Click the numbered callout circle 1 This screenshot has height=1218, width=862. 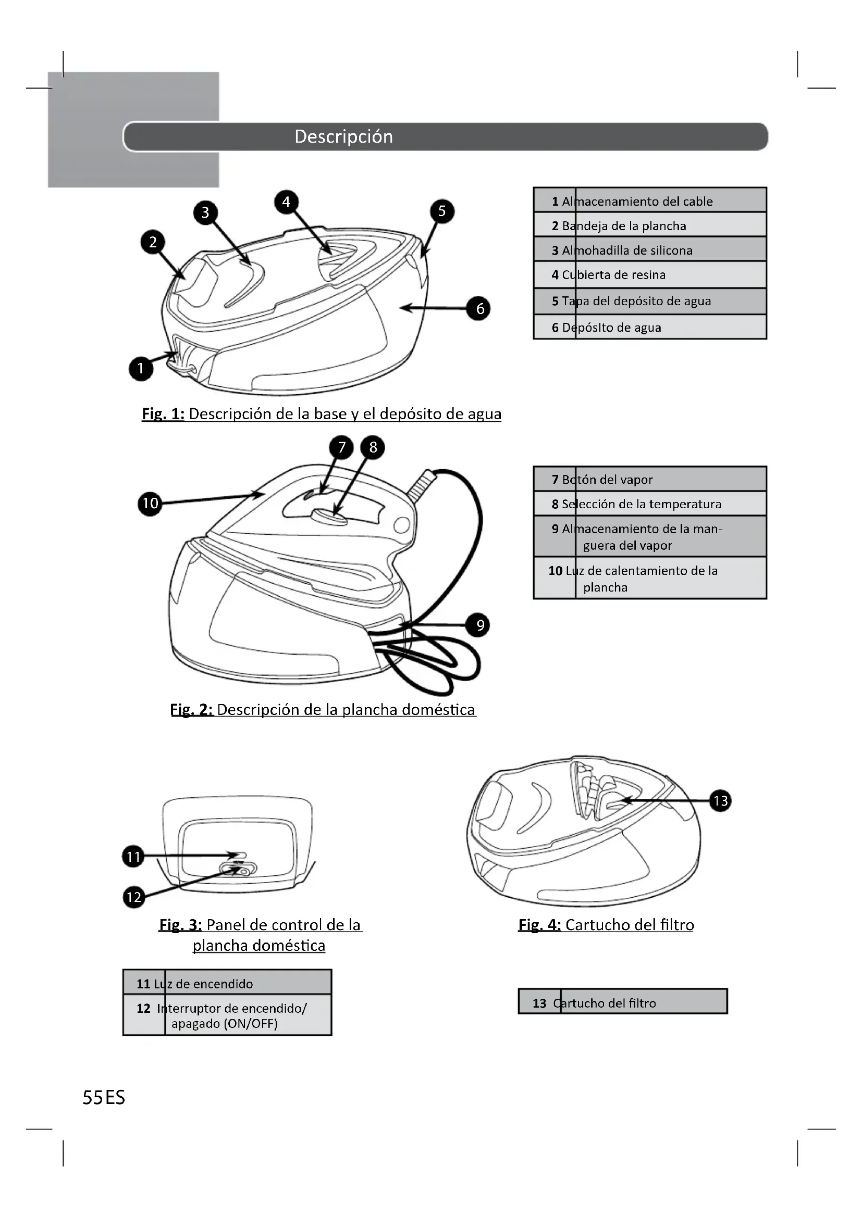click(x=141, y=368)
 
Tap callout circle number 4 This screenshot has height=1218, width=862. click(x=286, y=202)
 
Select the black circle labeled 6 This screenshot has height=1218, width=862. click(x=480, y=308)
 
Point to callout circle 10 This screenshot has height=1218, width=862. click(x=150, y=503)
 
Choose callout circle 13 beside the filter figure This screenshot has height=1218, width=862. click(x=720, y=800)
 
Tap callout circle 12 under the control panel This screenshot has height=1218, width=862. click(x=134, y=897)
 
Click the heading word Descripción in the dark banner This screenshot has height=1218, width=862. click(x=343, y=136)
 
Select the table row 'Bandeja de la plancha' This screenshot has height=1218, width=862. click(x=650, y=225)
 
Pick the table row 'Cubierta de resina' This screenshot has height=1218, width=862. click(x=650, y=275)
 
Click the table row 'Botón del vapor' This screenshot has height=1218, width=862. click(x=650, y=480)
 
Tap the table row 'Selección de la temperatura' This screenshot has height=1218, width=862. click(x=650, y=504)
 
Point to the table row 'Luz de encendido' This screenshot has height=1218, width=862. click(x=227, y=984)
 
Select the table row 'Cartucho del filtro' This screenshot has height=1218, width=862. click(x=622, y=1003)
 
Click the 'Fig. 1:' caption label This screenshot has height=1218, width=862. click(x=163, y=414)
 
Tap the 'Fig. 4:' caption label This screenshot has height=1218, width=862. click(x=539, y=925)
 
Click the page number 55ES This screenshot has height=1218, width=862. click(x=104, y=1098)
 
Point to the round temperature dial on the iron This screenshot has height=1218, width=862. click(x=329, y=516)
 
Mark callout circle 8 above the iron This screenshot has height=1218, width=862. click(x=373, y=447)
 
